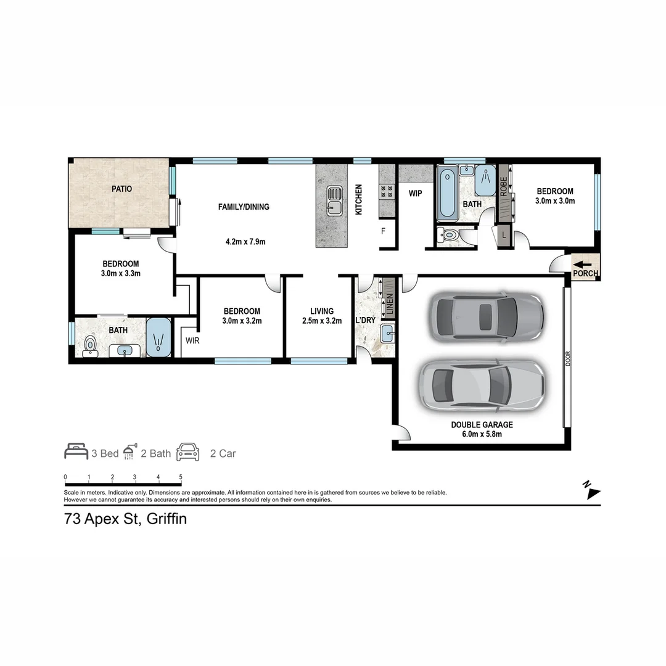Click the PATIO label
coord(121,189)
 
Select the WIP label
coord(416,193)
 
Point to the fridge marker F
coord(383,232)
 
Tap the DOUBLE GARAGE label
coord(482,425)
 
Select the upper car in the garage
coord(487,315)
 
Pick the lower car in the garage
coord(482,384)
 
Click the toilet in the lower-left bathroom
coord(90,347)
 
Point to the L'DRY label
coord(365,320)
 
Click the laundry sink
coord(388,333)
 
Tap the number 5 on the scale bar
coord(181,477)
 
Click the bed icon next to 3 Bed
coord(76,452)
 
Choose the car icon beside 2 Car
coord(188,453)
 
